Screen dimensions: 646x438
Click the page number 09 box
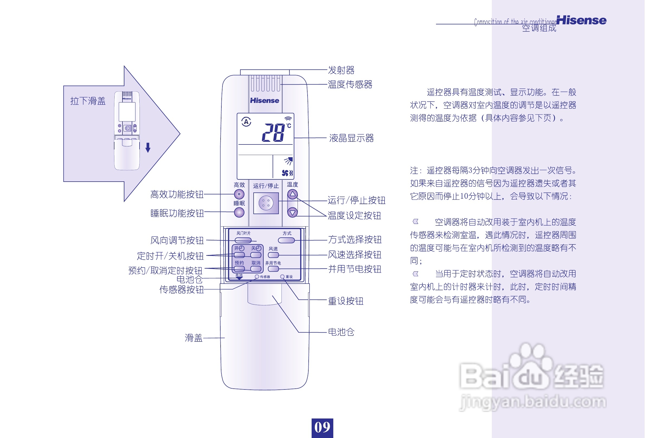pyautogui.click(x=322, y=427)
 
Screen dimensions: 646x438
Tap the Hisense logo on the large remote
pyautogui.click(x=264, y=100)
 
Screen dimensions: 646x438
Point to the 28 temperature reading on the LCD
pyautogui.click(x=273, y=133)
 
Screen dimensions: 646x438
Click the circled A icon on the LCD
pyautogui.click(x=246, y=121)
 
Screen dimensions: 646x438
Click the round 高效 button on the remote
pyautogui.click(x=239, y=194)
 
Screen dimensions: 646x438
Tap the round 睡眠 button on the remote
pyautogui.click(x=239, y=213)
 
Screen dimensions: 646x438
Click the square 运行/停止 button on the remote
pyautogui.click(x=266, y=203)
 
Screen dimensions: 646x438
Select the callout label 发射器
pyautogui.click(x=341, y=70)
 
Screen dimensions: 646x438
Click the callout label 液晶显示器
pyautogui.click(x=351, y=138)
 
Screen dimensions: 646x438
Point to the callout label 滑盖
pyautogui.click(x=193, y=338)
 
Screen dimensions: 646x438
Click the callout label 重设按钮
pyautogui.click(x=345, y=301)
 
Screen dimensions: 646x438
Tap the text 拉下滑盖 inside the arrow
pyautogui.click(x=88, y=101)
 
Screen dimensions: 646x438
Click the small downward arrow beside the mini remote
pyautogui.click(x=148, y=147)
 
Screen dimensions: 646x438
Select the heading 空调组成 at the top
pyautogui.click(x=539, y=28)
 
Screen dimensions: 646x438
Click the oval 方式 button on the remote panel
pyautogui.click(x=286, y=240)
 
